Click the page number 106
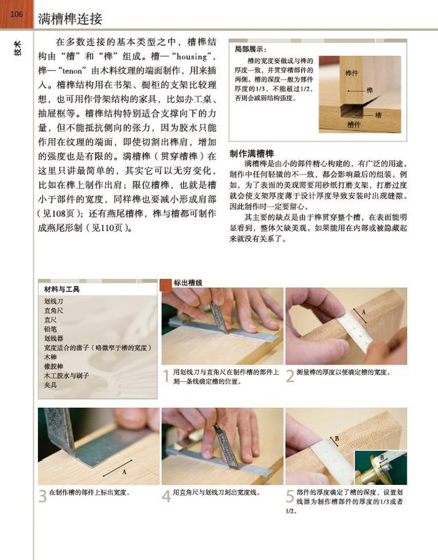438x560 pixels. (x=16, y=14)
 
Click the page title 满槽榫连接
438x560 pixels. (x=70, y=19)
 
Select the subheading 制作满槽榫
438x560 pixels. (x=251, y=154)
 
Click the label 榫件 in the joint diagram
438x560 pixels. (x=351, y=73)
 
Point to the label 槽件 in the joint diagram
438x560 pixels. (x=354, y=125)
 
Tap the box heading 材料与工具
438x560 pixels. (x=62, y=289)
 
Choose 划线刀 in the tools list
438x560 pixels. (x=54, y=301)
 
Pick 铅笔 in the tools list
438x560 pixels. (x=50, y=329)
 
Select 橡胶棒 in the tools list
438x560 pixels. (x=54, y=366)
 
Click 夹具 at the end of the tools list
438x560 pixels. (x=50, y=385)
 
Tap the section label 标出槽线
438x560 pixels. (x=188, y=283)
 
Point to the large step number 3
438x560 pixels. (x=43, y=496)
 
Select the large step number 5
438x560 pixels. (x=290, y=496)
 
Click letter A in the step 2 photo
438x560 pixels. (x=364, y=312)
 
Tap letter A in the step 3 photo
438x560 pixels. (x=124, y=472)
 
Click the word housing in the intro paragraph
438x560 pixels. (x=192, y=56)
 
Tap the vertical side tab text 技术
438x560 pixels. (x=17, y=48)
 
